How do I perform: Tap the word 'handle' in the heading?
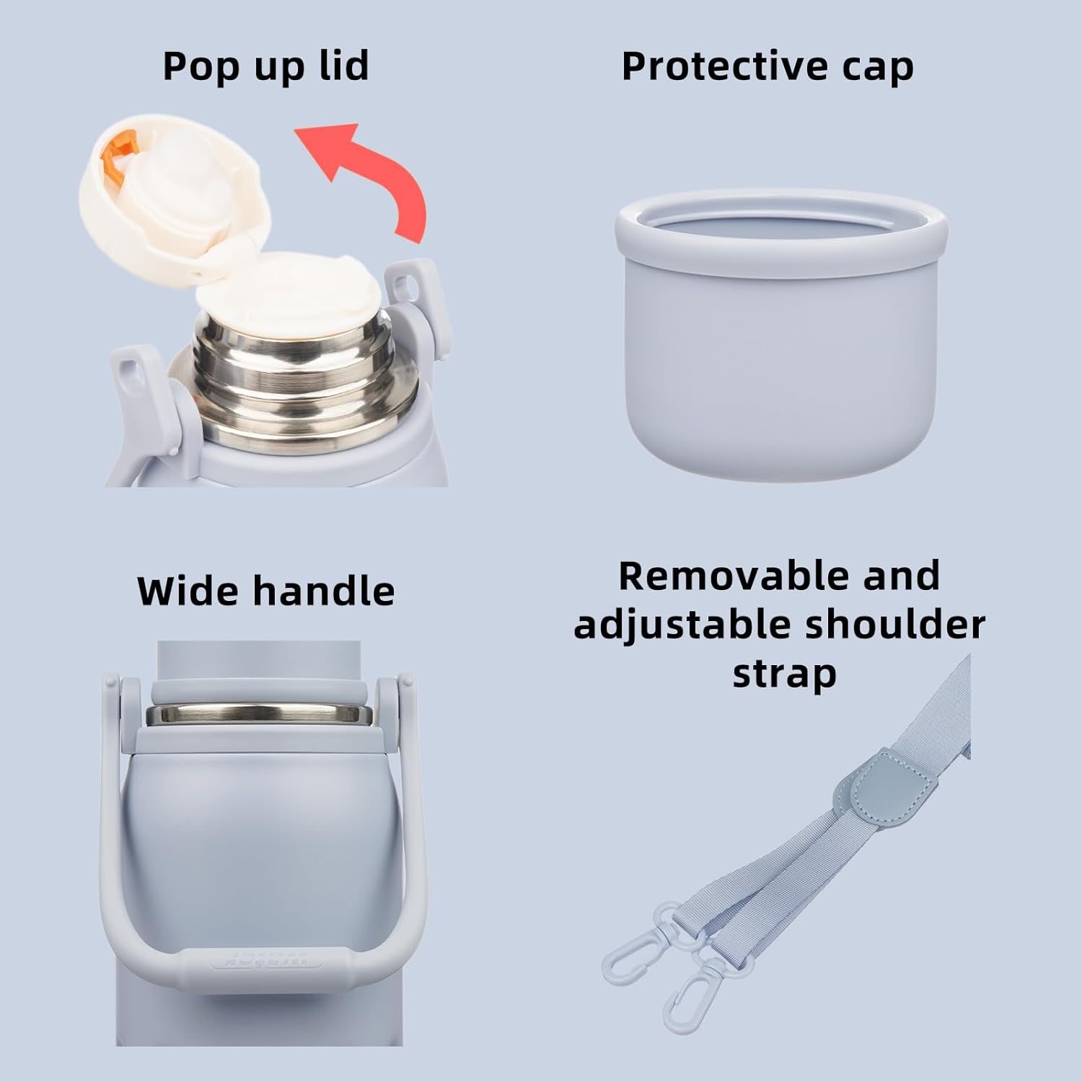pos(324,591)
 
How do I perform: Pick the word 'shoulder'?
pos(895,625)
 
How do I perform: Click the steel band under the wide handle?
pos(259,715)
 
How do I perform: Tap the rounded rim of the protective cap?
pos(781,224)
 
